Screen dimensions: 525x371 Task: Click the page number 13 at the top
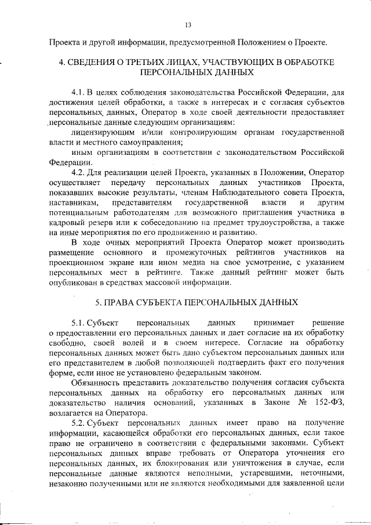pyautogui.click(x=187, y=24)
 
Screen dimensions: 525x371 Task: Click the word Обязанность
pyautogui.click(x=96, y=383)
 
